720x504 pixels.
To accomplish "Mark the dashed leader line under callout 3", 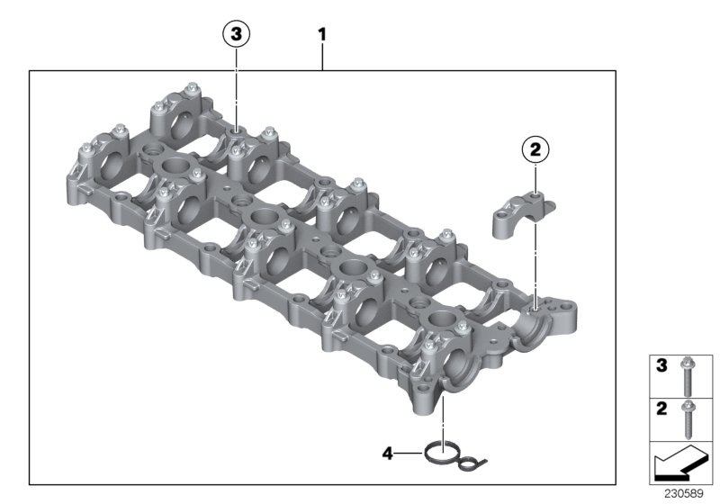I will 236,90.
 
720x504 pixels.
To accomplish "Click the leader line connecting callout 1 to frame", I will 322,58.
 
